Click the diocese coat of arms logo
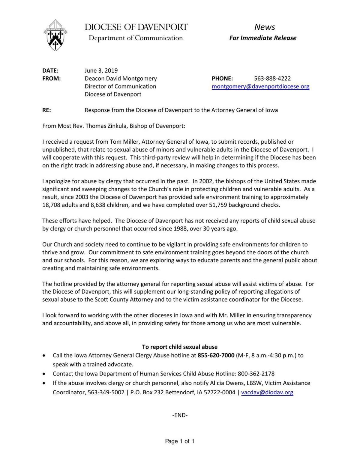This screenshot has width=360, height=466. (x=55, y=35)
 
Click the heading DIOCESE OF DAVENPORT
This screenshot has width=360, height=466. (x=136, y=27)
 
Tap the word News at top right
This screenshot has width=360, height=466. (x=265, y=27)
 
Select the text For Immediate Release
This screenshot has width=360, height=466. (x=263, y=38)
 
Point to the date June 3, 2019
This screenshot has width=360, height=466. (x=101, y=71)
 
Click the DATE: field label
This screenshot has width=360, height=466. (x=50, y=71)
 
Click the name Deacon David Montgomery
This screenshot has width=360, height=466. (x=121, y=79)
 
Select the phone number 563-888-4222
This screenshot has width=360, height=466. (x=272, y=79)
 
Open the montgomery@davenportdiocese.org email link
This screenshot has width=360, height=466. (x=260, y=87)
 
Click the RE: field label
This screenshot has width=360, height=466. (x=46, y=110)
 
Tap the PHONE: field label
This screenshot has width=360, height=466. (x=222, y=79)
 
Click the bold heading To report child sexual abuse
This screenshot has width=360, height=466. (x=180, y=347)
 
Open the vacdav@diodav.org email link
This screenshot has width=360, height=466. (x=267, y=392)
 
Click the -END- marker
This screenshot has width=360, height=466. (x=180, y=415)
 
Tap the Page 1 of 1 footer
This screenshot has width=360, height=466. (x=180, y=441)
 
